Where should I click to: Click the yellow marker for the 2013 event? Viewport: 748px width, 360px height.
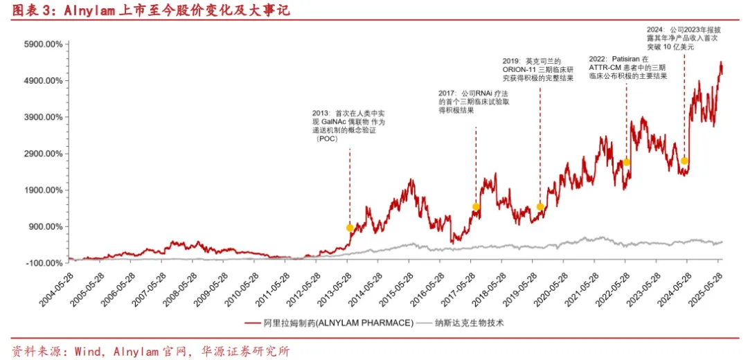coord(350,228)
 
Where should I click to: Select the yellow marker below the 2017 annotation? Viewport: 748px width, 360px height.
coord(476,206)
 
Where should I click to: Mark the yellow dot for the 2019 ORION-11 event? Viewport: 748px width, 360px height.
coord(540,206)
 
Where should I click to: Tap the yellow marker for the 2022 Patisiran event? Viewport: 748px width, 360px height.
coord(626,162)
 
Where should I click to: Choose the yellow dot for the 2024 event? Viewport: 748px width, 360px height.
coord(684,161)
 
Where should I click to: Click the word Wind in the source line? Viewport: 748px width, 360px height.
coord(79,351)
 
